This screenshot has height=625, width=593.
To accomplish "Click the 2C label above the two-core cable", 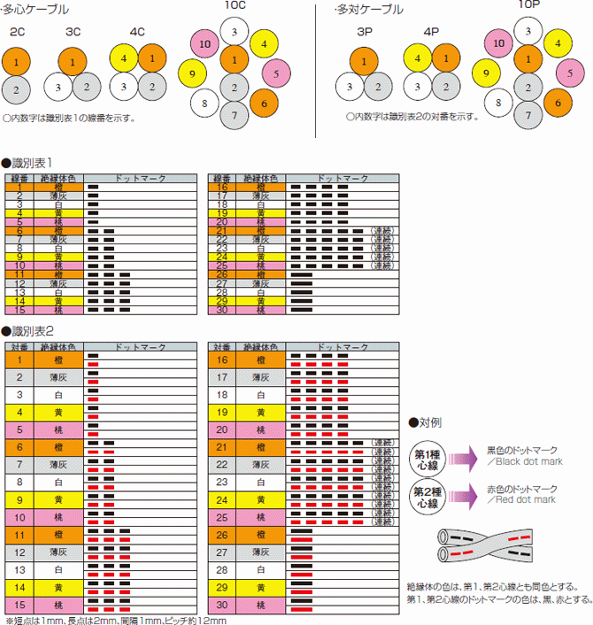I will pos(17,33).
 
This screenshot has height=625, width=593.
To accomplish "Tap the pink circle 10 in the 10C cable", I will pos(205,43).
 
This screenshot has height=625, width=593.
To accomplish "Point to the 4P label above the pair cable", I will pos(431,33).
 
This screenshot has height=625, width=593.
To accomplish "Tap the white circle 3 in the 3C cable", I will pos(58,88).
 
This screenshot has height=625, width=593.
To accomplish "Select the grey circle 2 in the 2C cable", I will pos(17,89).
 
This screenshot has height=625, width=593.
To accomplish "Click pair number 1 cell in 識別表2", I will pos(19,360).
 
